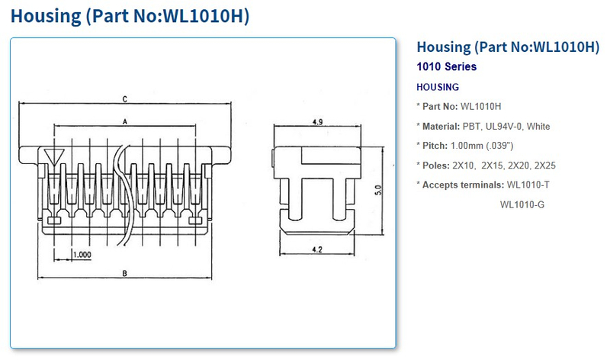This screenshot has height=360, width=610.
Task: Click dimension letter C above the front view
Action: pos(124,99)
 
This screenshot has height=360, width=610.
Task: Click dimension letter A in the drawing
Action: pos(124,121)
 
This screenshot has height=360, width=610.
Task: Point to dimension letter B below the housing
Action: pos(124,273)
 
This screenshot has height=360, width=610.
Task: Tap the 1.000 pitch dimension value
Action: pos(82,254)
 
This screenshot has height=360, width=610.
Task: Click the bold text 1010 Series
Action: pos(447,66)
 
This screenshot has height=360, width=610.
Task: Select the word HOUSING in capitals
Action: pos(438,87)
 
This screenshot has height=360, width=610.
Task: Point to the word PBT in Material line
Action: pos(470,126)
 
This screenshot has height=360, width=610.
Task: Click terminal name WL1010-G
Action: pos(522,204)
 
